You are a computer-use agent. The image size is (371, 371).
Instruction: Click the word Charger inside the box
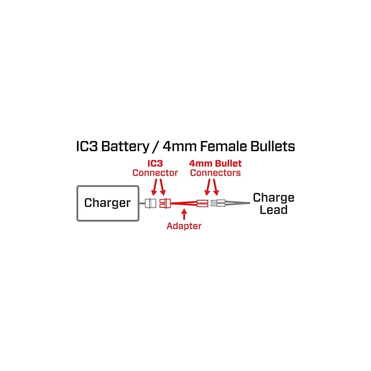pyautogui.click(x=107, y=203)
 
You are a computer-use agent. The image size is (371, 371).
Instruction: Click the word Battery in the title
pyautogui.click(x=125, y=147)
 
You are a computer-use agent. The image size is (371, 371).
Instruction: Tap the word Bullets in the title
pyautogui.click(x=273, y=146)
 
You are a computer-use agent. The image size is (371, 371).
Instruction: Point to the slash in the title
pyautogui.click(x=156, y=147)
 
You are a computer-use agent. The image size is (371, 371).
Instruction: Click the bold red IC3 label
pyautogui.click(x=155, y=163)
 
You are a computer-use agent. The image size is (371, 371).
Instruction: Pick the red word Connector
pyautogui.click(x=155, y=173)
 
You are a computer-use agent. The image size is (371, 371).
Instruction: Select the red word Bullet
pyautogui.click(x=229, y=163)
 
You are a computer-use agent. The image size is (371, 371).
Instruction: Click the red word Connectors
pyautogui.click(x=215, y=173)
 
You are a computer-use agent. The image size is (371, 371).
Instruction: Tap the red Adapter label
pyautogui.click(x=184, y=226)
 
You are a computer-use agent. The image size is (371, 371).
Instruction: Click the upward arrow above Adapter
pyautogui.click(x=184, y=214)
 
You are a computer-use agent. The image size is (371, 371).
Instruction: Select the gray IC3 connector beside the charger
pyautogui.click(x=150, y=203)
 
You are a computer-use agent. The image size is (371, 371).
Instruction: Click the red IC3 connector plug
pyautogui.click(x=165, y=203)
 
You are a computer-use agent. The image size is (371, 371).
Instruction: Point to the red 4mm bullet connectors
pyautogui.click(x=202, y=203)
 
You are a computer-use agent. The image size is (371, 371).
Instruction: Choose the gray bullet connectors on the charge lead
pyautogui.click(x=218, y=203)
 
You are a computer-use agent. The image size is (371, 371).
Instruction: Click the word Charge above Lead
pyautogui.click(x=274, y=198)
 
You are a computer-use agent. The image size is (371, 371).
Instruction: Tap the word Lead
pyautogui.click(x=274, y=210)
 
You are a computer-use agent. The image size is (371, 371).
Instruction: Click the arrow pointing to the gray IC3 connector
pyautogui.click(x=154, y=187)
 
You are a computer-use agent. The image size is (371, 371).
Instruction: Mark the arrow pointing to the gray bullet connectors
pyautogui.click(x=215, y=187)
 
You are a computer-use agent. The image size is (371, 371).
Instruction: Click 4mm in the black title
pyautogui.click(x=179, y=147)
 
